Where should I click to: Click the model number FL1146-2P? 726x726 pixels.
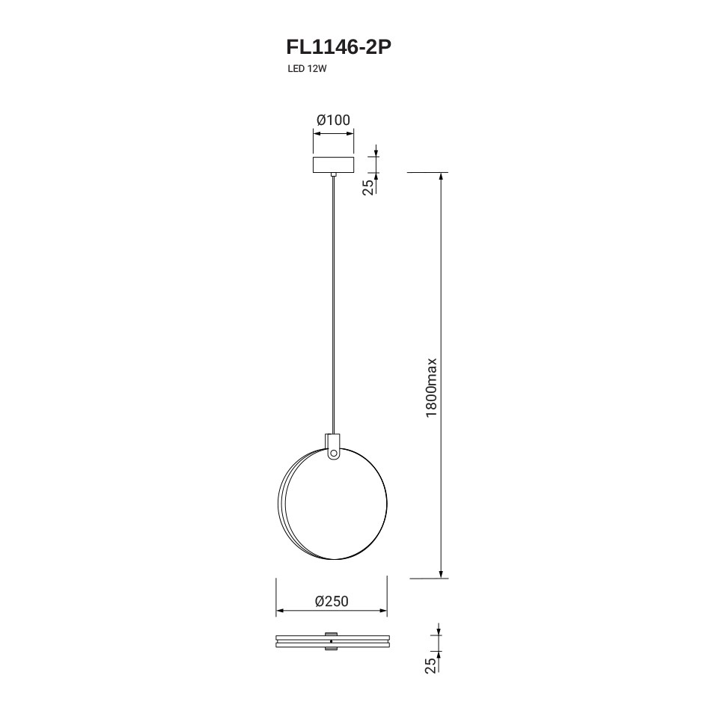coord(339,46)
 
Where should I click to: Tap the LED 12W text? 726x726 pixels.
coord(307,69)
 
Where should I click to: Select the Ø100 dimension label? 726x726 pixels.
coord(333,120)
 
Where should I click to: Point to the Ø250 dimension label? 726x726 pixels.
coord(332,601)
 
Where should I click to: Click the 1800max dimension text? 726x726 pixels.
coord(432,387)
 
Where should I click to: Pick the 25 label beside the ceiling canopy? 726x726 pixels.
coord(367,186)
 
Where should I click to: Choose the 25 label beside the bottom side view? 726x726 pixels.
coord(430,665)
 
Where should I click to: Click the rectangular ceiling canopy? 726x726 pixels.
coord(333,165)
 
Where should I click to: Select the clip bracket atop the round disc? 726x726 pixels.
coord(333,446)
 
